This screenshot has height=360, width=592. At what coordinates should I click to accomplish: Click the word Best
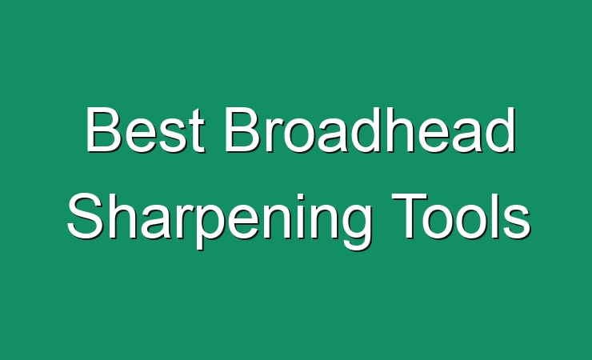(146, 130)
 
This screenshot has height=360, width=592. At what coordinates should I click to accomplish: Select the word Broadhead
(370, 130)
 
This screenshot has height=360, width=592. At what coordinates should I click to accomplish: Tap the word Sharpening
(218, 220)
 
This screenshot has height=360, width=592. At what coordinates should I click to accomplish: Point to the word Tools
(461, 216)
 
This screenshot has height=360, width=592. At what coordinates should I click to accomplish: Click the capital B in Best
(103, 130)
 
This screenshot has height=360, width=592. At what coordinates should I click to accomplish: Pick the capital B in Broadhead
(242, 130)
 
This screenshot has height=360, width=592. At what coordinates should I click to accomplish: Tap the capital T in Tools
(410, 216)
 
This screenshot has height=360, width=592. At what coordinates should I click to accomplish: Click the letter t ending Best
(198, 131)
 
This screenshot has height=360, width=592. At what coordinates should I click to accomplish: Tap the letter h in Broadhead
(394, 130)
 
